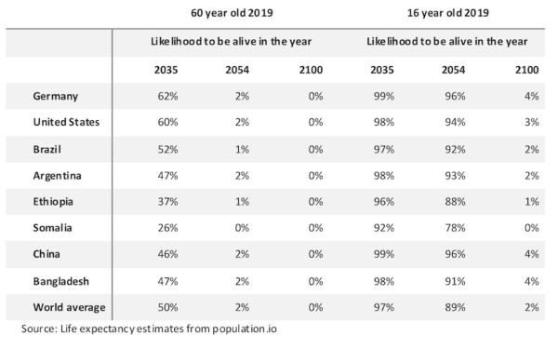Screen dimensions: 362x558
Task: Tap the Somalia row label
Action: point(53,228)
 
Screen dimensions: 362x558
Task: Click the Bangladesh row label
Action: point(61,280)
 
